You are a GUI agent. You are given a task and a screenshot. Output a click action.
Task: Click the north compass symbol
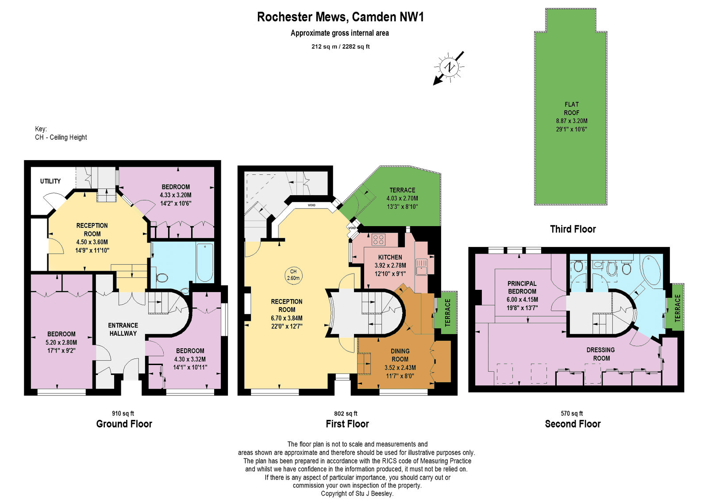click(x=449, y=67)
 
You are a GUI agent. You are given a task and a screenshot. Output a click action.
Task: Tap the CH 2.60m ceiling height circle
click(x=293, y=275)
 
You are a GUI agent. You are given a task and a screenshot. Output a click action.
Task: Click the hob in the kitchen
click(x=378, y=239)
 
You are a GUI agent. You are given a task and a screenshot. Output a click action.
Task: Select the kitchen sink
click(x=421, y=267)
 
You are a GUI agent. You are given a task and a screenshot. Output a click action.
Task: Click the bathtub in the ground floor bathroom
click(x=205, y=262)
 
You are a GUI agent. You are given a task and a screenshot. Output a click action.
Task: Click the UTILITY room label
click(x=50, y=181)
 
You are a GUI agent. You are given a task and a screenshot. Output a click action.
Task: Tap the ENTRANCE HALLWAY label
click(x=123, y=329)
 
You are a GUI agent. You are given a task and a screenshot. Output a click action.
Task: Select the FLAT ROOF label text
click(x=571, y=108)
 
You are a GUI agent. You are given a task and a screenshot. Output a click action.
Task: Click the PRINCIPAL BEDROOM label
click(x=522, y=288)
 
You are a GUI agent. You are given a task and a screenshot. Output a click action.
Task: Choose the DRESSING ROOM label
click(x=600, y=354)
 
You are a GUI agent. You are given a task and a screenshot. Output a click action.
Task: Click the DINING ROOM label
click(x=400, y=355)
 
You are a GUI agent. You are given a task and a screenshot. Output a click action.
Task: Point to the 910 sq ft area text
click(x=123, y=413)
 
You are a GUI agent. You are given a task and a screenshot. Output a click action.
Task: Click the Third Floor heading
click(x=573, y=229)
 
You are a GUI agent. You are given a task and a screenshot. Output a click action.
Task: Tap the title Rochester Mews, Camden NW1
click(x=340, y=17)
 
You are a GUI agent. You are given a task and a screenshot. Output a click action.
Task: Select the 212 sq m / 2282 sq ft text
click(x=340, y=46)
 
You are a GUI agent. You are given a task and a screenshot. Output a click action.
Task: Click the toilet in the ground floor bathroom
click(x=162, y=278)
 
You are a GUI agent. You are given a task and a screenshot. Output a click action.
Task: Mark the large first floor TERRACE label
click(x=402, y=190)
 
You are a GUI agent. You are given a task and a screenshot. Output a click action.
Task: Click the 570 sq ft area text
click(x=572, y=413)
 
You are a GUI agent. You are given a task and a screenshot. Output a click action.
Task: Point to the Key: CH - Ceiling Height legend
click(x=61, y=133)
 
